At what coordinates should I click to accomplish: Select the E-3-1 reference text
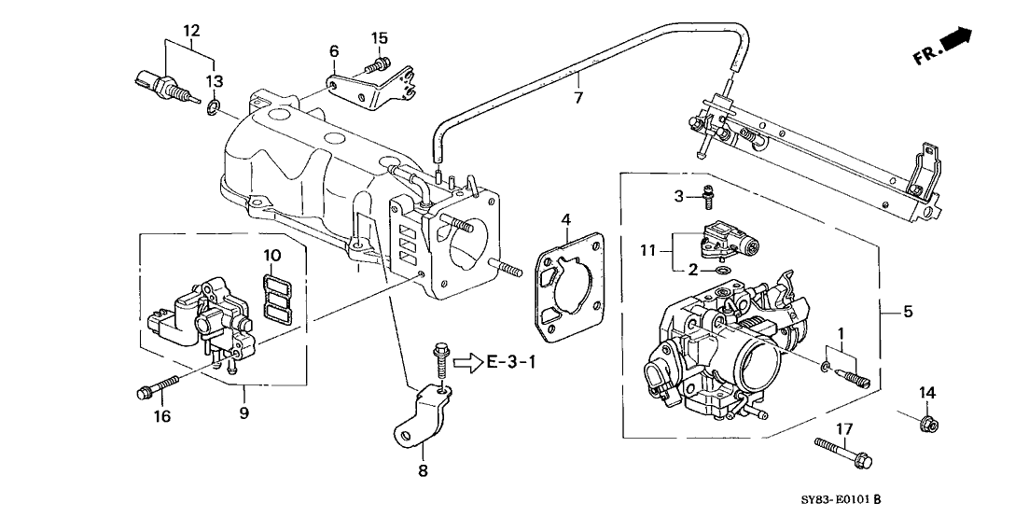tap(512, 361)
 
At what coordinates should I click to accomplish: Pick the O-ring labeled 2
tap(721, 271)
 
